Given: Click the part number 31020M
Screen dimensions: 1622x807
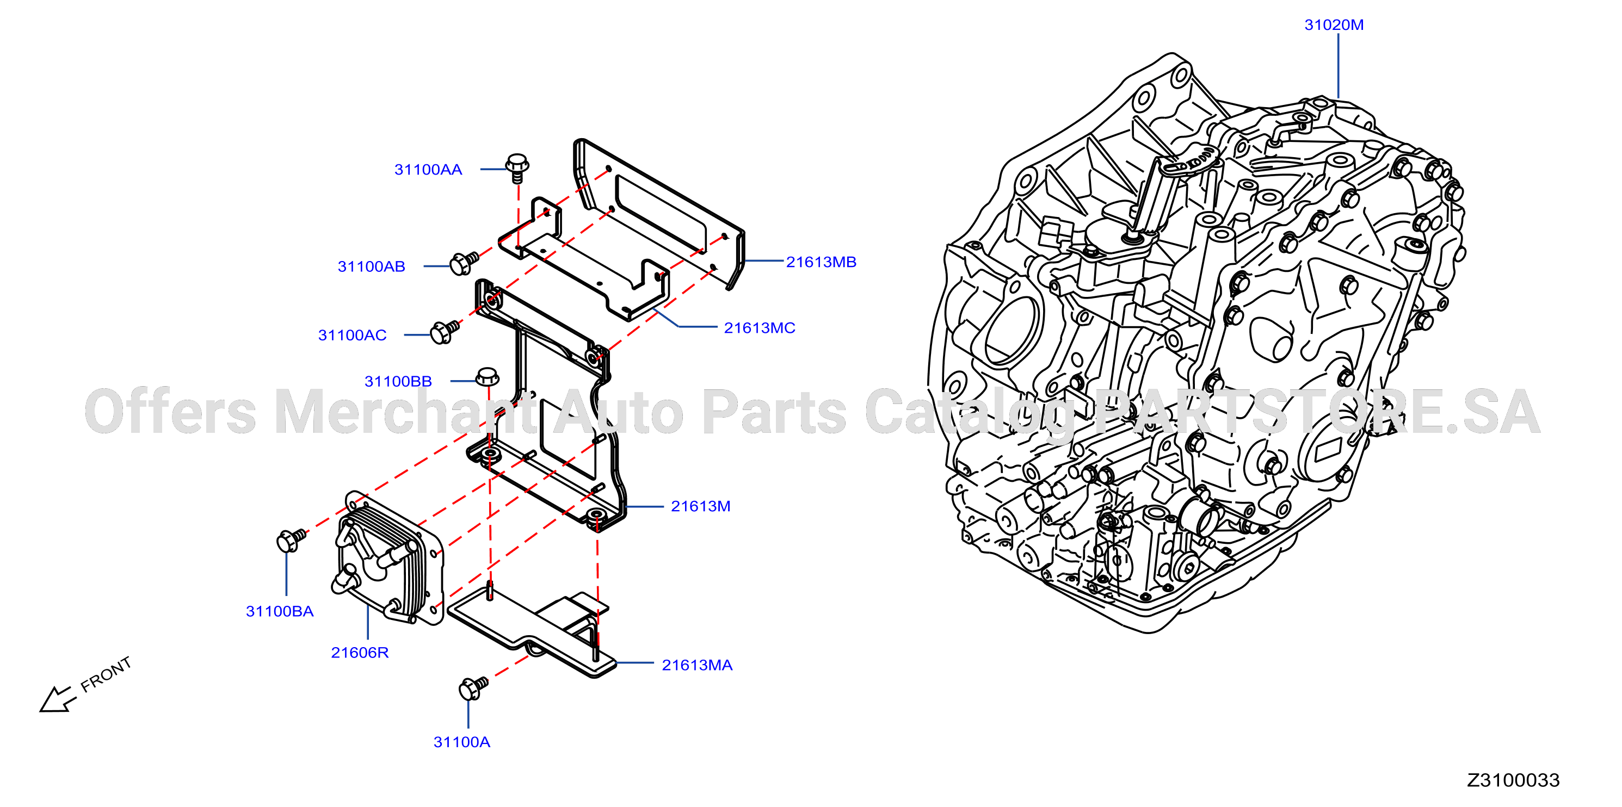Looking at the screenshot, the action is (1334, 24).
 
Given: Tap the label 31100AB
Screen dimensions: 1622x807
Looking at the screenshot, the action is (372, 266).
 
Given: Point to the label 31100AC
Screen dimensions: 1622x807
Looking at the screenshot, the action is (352, 335).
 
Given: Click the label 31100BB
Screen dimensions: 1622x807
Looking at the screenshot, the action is (398, 381).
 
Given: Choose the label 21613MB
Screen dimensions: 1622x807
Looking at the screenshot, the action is (821, 262).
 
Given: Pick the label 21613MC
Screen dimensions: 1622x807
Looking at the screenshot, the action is (760, 328).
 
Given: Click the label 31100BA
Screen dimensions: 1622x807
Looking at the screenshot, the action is (280, 611).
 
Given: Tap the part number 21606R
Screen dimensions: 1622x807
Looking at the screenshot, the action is (360, 652).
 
